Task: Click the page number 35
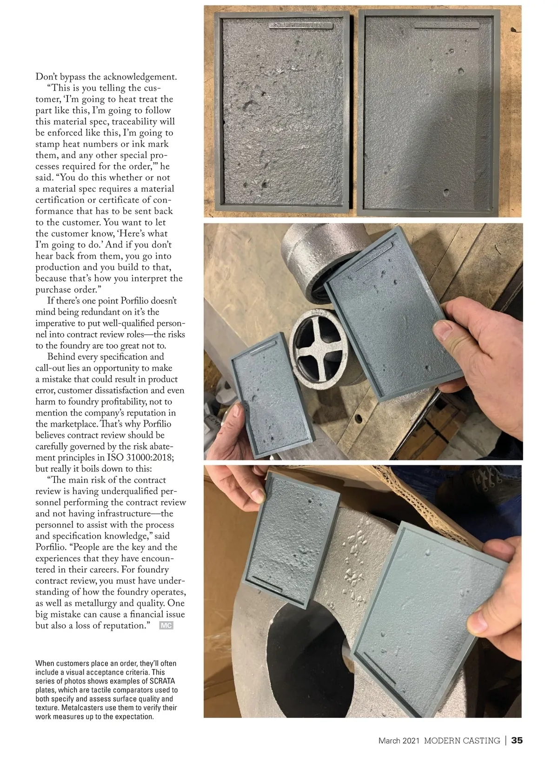point(517,740)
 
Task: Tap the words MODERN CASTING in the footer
point(462,740)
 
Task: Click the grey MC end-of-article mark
point(166,625)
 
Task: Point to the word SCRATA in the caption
point(162,681)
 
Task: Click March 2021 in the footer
point(399,740)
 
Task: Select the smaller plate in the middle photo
point(272,396)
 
